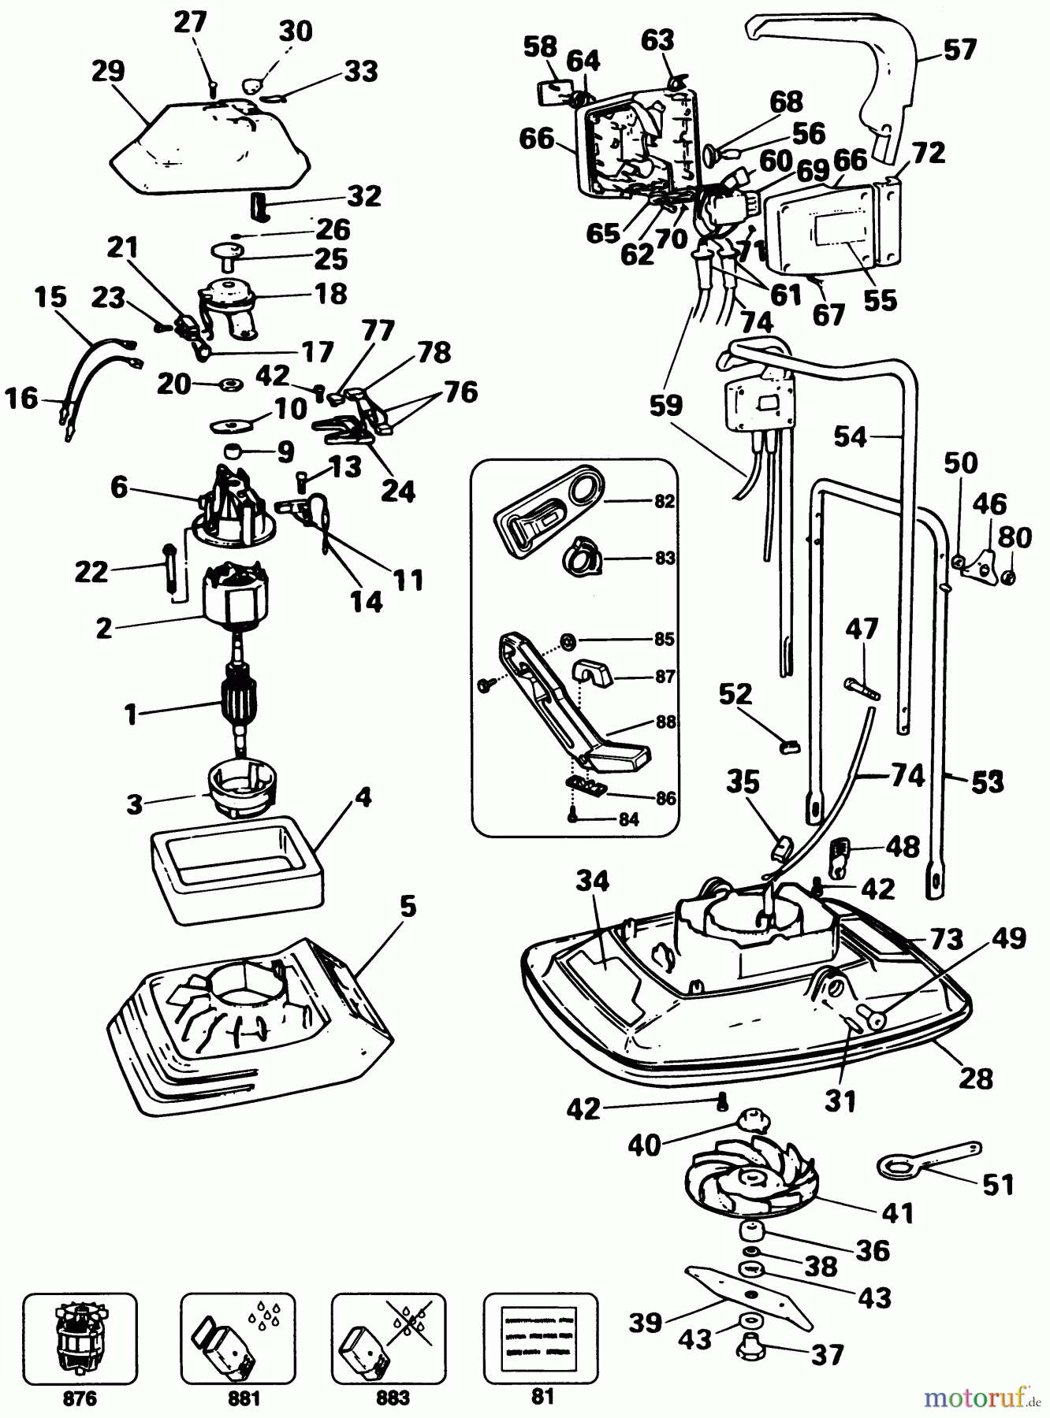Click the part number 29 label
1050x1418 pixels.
(108, 72)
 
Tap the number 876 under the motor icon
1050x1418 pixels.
(79, 1398)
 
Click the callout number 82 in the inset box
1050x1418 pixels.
(665, 502)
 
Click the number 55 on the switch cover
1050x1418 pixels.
(880, 300)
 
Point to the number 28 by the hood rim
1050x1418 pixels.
(976, 1078)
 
